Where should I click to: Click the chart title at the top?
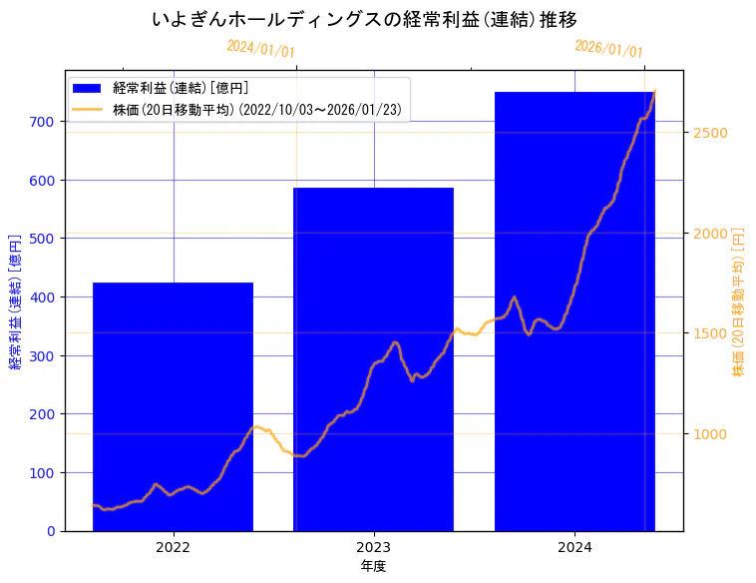(x=365, y=20)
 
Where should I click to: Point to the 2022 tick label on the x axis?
(x=173, y=547)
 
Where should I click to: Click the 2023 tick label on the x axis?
(x=373, y=547)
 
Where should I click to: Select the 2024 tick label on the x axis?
(x=574, y=547)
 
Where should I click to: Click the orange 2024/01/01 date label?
(x=260, y=48)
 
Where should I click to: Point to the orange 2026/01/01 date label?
(x=608, y=49)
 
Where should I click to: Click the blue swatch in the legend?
(x=87, y=89)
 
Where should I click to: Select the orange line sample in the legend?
(x=87, y=108)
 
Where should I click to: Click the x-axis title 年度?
(x=373, y=566)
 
